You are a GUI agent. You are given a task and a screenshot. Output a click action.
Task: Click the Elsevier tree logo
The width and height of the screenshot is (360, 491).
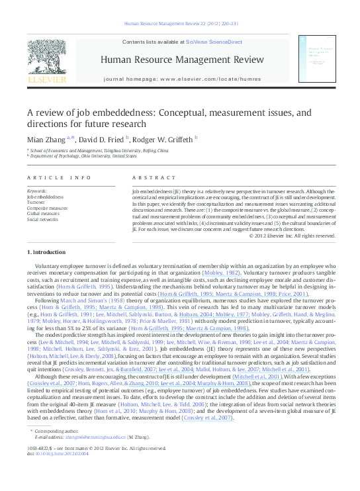(47, 56)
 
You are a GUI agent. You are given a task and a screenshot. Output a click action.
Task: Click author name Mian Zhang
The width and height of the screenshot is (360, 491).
(45, 138)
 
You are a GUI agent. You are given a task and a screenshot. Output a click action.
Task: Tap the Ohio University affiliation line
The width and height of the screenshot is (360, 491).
(76, 156)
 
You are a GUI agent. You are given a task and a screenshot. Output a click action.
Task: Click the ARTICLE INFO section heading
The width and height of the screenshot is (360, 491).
(59, 178)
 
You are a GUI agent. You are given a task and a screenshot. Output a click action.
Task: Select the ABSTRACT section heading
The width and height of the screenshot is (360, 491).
(154, 178)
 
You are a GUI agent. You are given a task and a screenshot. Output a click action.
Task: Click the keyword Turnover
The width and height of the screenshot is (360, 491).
(37, 202)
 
